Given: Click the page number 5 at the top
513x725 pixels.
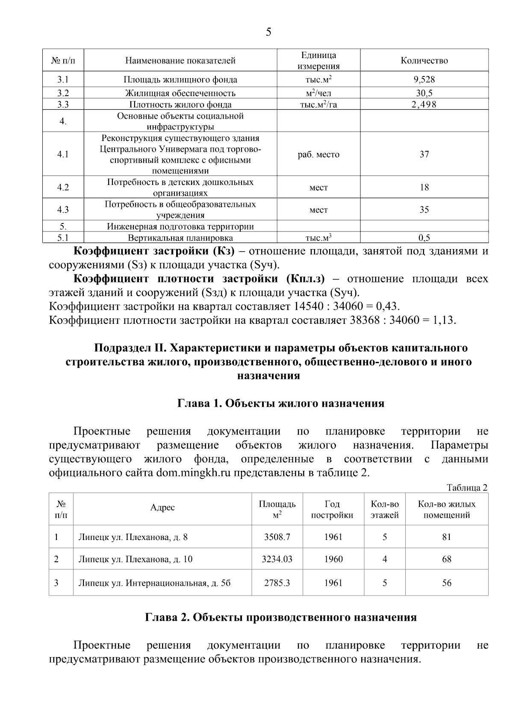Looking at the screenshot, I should [x=268, y=32].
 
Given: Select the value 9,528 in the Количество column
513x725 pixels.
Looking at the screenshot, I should [x=424, y=79].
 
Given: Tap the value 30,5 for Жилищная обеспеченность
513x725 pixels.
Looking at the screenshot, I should [x=424, y=93].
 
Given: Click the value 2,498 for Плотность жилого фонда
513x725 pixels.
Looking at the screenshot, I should [x=424, y=105].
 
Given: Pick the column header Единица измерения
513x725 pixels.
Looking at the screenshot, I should [x=318, y=60].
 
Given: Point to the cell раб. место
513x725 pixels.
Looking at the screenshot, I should [x=318, y=154].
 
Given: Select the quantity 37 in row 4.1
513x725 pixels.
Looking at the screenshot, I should [x=424, y=154].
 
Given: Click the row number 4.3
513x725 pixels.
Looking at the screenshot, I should [x=63, y=210].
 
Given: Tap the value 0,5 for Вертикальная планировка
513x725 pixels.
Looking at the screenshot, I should [x=424, y=238].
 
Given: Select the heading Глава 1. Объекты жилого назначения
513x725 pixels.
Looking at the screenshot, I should [x=280, y=403].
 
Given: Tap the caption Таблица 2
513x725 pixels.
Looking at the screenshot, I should [x=467, y=487].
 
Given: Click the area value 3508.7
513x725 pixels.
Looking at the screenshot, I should [x=277, y=537].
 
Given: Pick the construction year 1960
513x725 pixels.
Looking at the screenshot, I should [x=333, y=559].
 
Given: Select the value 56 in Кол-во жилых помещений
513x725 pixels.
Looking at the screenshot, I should [x=446, y=583].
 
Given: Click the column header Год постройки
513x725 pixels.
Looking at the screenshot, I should [x=332, y=509].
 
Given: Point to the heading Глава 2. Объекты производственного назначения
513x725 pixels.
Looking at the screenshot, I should [x=280, y=617].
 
